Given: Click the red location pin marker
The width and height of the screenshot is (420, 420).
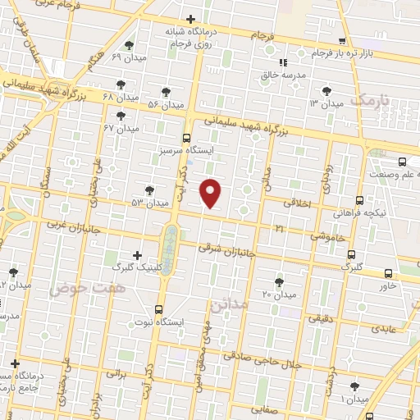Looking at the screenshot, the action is point(212,193).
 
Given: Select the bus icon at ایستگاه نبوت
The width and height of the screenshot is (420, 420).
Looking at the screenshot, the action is point(158,309).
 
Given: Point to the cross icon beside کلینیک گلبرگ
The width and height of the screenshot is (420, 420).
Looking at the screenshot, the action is point(136,255).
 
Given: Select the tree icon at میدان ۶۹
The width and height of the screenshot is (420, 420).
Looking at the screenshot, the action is point(128,45).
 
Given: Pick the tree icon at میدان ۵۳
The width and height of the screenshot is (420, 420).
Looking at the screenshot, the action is point(148,189).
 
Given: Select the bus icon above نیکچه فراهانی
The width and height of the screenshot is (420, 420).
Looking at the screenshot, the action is point(359,199).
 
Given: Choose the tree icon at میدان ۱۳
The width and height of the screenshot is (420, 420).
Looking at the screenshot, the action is point(328,90).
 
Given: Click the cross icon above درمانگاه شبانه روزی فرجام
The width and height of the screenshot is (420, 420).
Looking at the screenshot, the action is point(190,19).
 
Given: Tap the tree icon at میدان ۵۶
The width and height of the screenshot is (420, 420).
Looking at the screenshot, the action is point(167,92).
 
